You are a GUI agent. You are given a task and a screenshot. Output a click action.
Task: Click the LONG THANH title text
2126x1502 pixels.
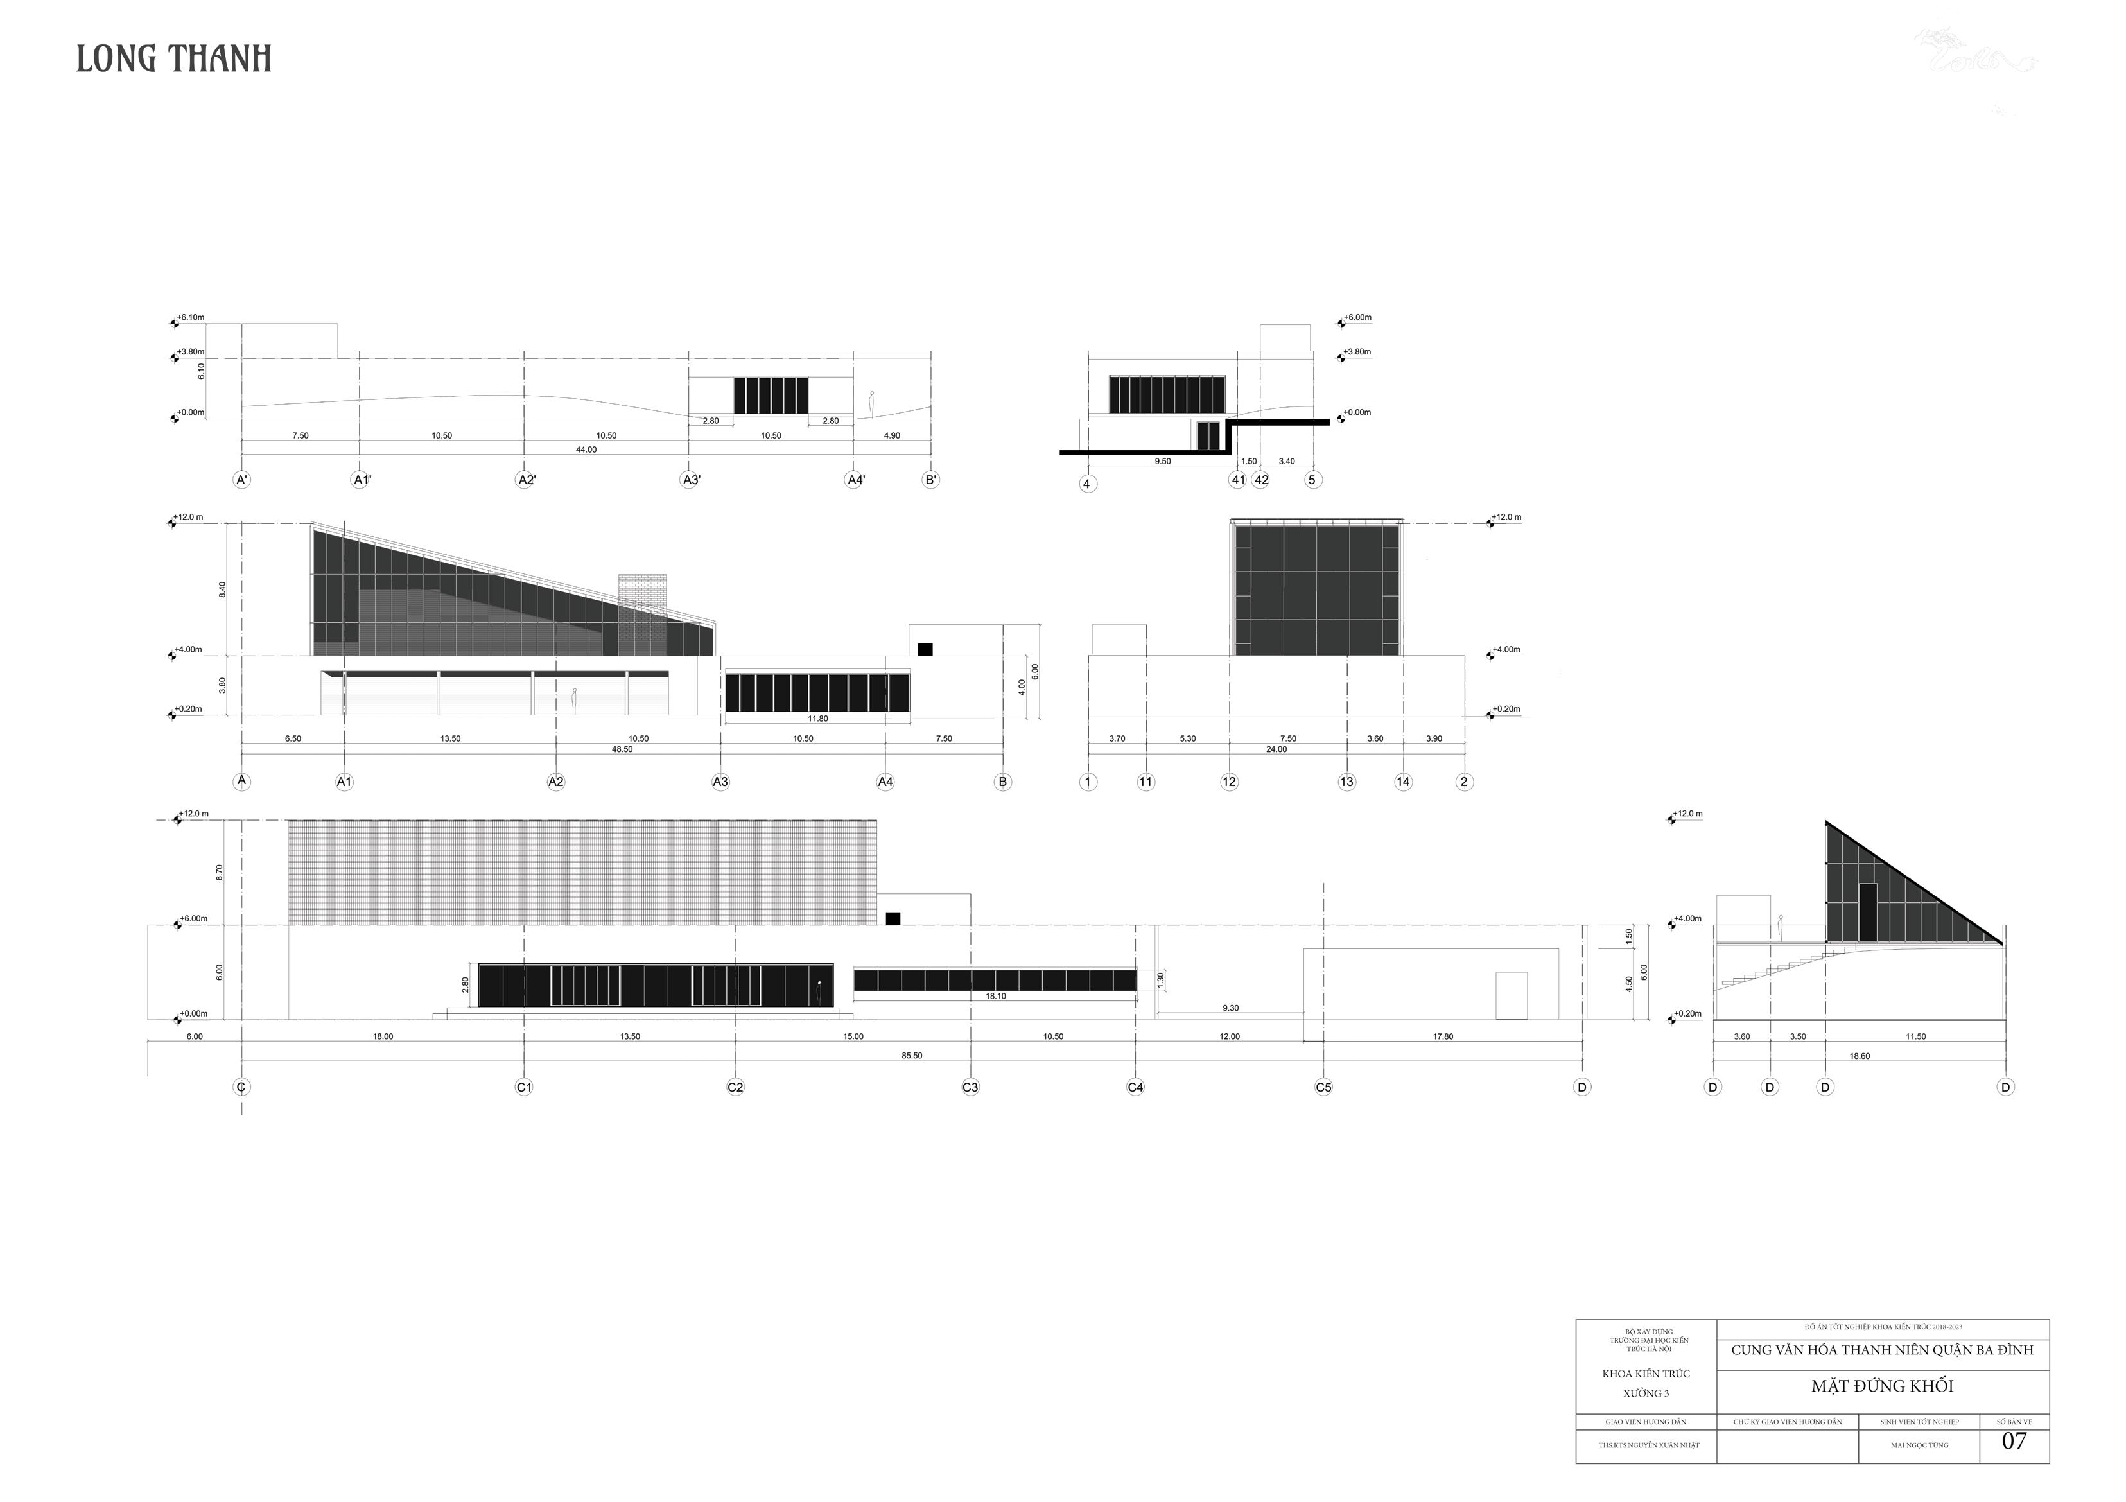pyautogui.click(x=173, y=59)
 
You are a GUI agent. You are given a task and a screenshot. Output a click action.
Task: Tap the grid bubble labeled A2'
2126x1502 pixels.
pyautogui.click(x=525, y=480)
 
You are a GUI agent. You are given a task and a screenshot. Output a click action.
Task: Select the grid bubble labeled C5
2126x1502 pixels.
pyautogui.click(x=1323, y=1087)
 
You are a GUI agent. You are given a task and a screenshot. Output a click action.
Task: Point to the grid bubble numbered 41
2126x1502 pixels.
pyautogui.click(x=1238, y=480)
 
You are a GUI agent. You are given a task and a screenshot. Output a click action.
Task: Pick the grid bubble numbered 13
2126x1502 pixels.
pyautogui.click(x=1346, y=782)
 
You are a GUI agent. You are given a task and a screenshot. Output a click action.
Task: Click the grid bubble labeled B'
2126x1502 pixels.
pyautogui.click(x=930, y=480)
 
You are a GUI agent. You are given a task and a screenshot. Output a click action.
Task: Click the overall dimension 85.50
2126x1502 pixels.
pyautogui.click(x=912, y=1056)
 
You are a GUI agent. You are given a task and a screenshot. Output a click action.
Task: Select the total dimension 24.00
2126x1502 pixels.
pyautogui.click(x=1276, y=749)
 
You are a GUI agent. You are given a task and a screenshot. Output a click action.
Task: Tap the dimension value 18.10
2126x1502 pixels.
pyautogui.click(x=995, y=997)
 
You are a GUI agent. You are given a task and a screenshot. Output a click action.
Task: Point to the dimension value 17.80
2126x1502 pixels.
pyautogui.click(x=1443, y=1036)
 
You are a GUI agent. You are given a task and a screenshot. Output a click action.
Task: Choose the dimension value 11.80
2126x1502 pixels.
pyautogui.click(x=817, y=719)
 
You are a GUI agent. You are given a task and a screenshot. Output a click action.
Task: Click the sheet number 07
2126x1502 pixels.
pyautogui.click(x=2014, y=1441)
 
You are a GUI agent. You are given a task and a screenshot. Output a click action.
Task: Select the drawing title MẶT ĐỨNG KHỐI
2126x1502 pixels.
pyautogui.click(x=1883, y=1386)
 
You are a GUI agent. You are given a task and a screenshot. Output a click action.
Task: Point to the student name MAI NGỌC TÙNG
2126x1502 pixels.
pyautogui.click(x=1919, y=1445)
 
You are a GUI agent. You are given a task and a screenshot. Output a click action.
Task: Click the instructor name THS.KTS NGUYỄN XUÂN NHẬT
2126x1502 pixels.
pyautogui.click(x=1646, y=1445)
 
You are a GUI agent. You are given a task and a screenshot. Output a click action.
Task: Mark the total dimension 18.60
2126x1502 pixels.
pyautogui.click(x=1860, y=1056)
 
